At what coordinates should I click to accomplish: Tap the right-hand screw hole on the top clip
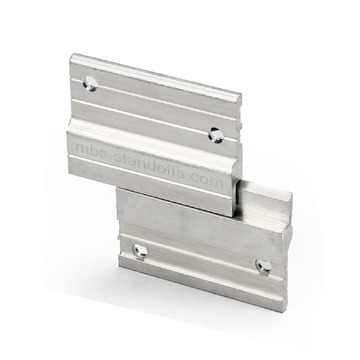[x=216, y=131]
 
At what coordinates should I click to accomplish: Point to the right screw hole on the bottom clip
[x=266, y=266]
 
